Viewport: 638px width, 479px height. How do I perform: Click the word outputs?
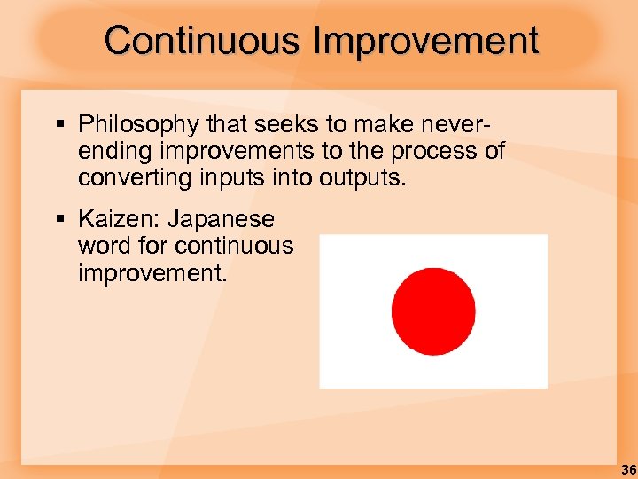(362, 177)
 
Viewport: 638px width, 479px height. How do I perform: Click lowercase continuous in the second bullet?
(234, 245)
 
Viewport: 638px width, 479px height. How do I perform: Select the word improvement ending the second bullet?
(150, 271)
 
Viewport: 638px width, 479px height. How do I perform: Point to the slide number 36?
(627, 469)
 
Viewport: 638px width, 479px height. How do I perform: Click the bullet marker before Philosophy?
(58, 125)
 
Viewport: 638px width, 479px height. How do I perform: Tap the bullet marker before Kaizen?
(58, 219)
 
